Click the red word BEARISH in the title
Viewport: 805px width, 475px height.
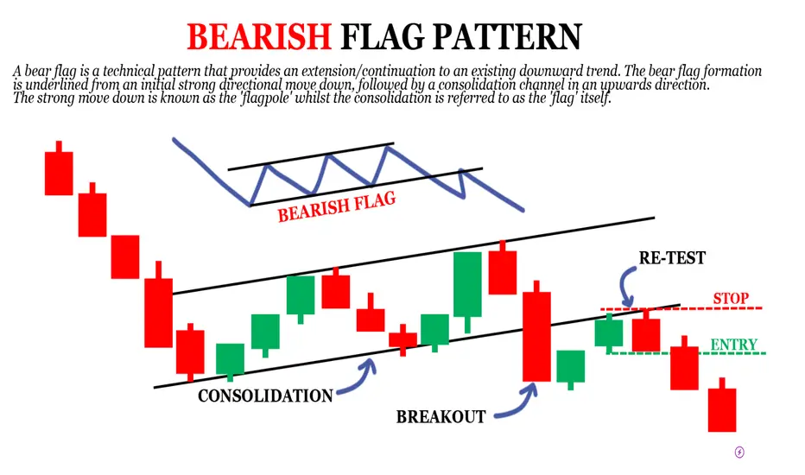tap(259, 36)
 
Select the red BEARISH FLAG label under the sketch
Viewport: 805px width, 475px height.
tap(337, 206)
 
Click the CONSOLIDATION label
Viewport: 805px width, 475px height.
tap(265, 396)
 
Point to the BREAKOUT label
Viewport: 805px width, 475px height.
tap(441, 416)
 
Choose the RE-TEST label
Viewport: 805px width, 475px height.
tap(672, 257)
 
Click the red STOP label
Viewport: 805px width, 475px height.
tap(731, 298)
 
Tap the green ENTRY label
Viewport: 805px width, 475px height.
tap(733, 344)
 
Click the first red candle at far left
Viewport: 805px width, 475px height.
tap(59, 168)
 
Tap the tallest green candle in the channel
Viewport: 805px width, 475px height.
tap(467, 292)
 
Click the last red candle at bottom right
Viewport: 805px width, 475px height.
tap(722, 405)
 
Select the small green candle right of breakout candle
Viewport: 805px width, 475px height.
tap(571, 370)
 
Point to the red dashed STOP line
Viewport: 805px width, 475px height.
tap(681, 308)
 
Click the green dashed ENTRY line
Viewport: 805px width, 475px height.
tap(686, 353)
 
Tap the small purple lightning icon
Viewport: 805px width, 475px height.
tap(739, 452)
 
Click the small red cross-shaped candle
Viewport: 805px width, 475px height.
tap(402, 340)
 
